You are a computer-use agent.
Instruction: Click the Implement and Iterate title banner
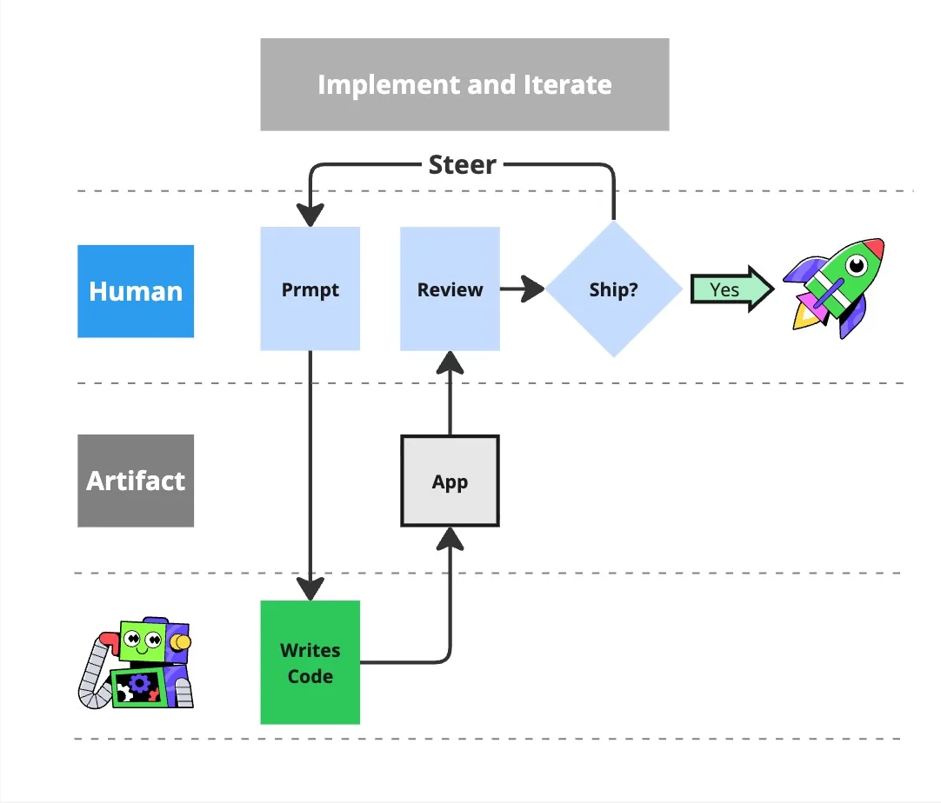coord(464,84)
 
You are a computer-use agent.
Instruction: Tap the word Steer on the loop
coord(462,164)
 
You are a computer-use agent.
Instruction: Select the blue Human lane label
coord(136,290)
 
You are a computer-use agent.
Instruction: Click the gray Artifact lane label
coord(136,481)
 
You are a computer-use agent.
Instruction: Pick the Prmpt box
coord(310,289)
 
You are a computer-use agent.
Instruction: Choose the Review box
coord(450,289)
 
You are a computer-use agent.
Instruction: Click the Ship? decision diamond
coord(613,289)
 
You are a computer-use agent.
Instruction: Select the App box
coord(450,481)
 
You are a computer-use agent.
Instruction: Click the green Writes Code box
coord(310,662)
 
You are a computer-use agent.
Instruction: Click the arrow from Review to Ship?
coord(523,289)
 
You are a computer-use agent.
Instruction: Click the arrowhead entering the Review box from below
coord(450,362)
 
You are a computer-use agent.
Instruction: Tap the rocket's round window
coord(858,262)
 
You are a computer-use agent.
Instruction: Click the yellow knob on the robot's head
coord(180,642)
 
